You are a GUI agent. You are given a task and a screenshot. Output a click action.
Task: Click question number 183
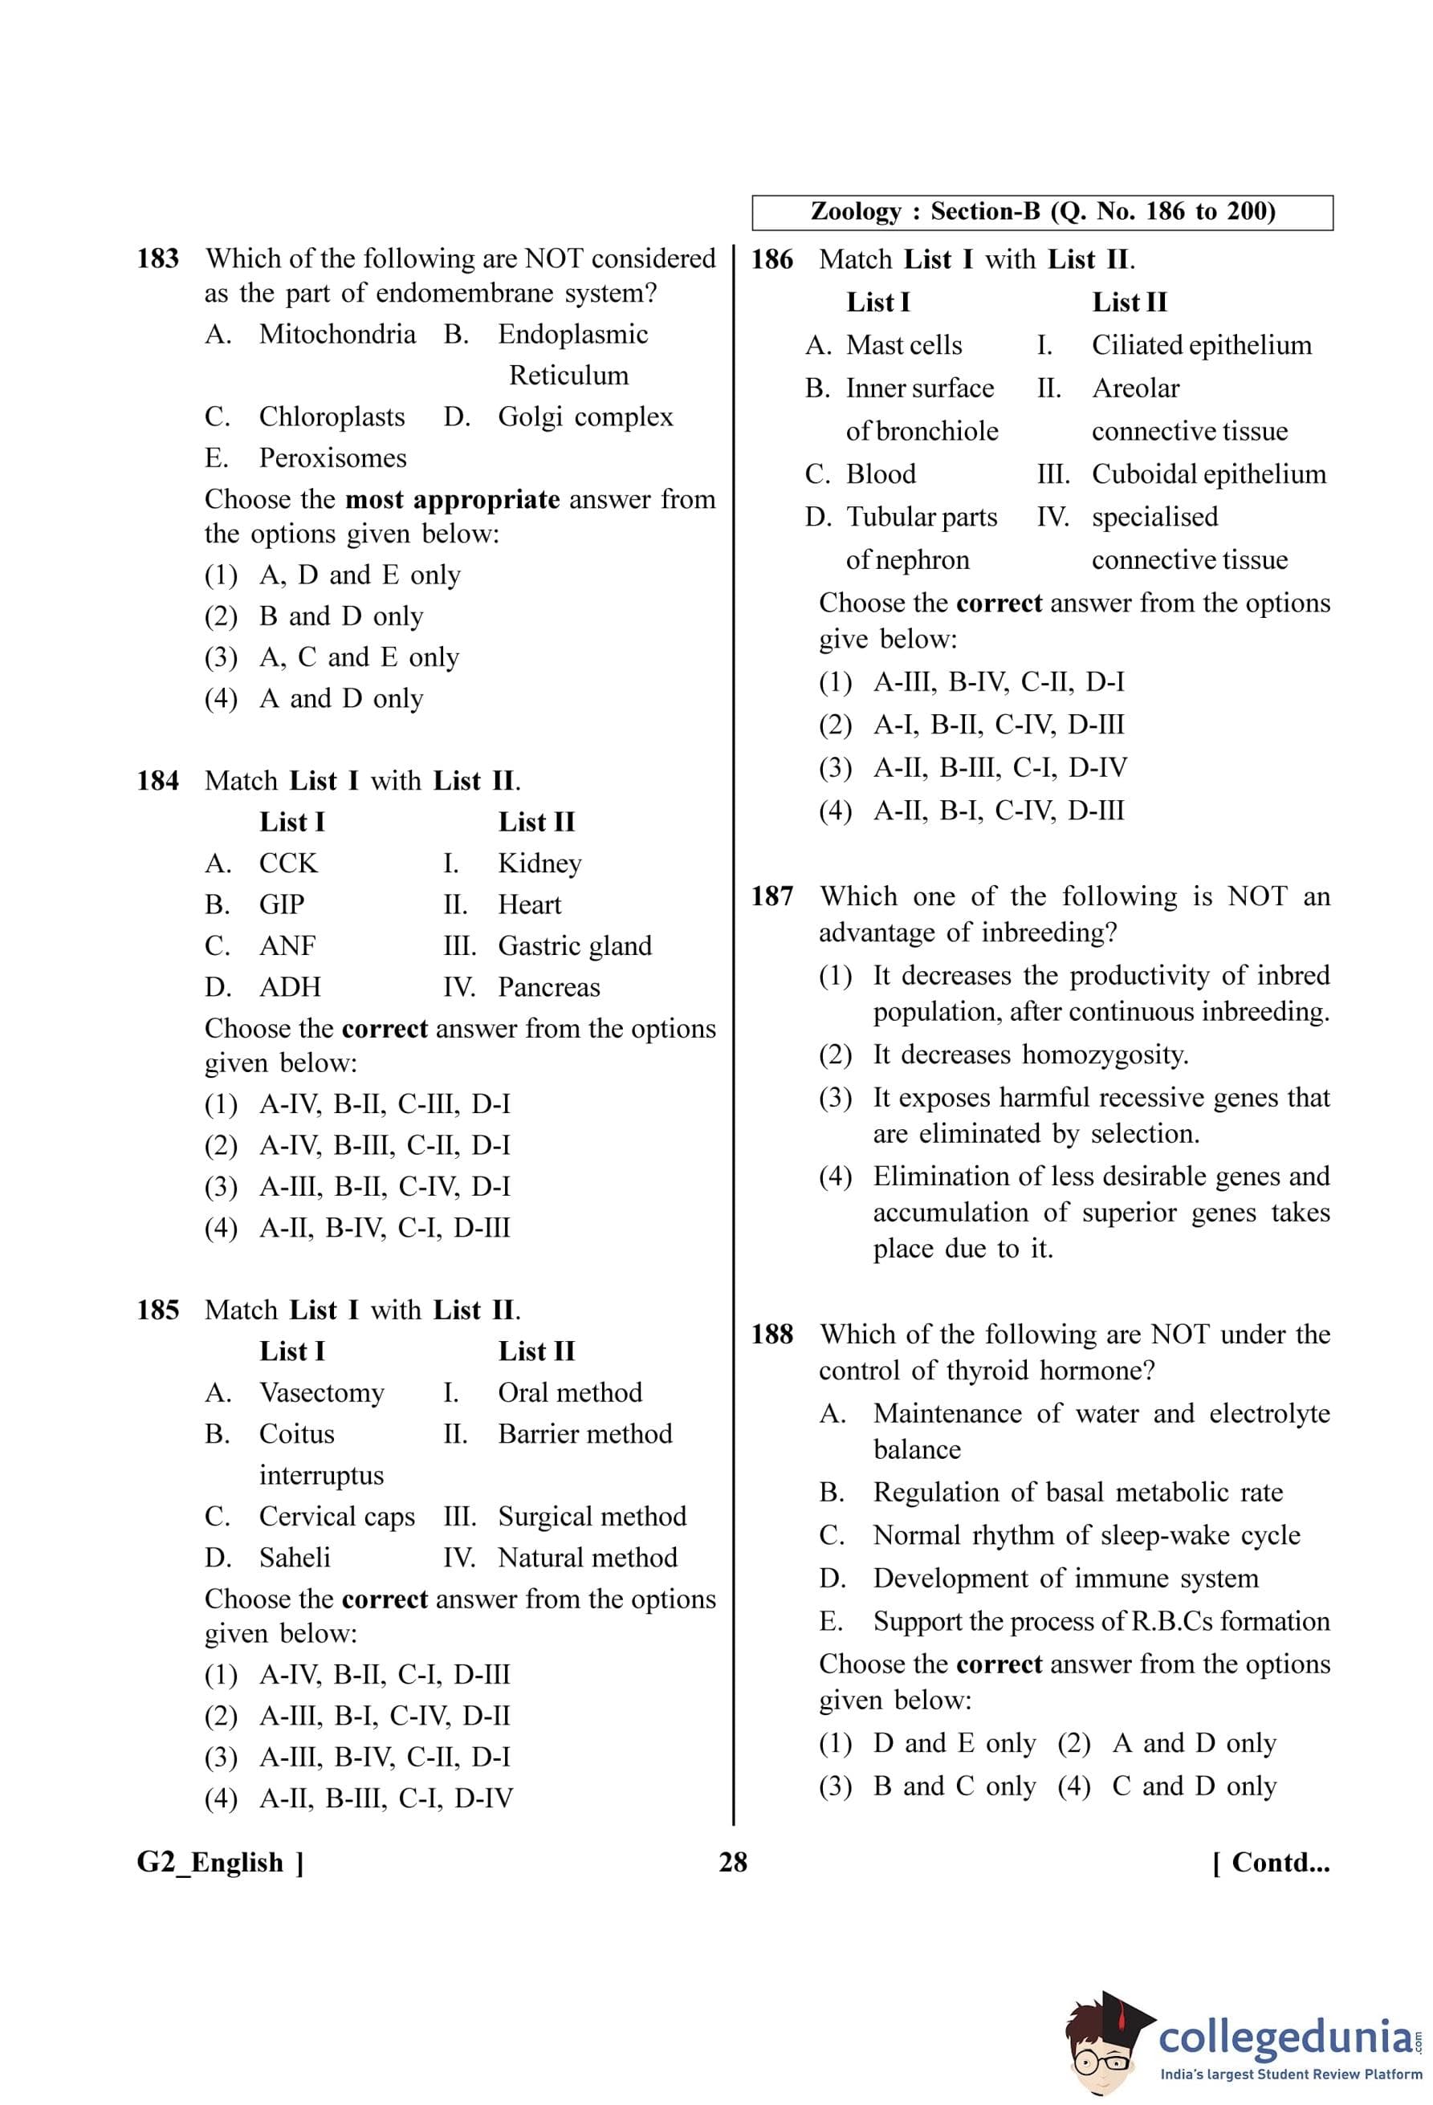click(x=157, y=259)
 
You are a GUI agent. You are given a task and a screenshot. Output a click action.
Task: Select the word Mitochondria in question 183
click(x=337, y=334)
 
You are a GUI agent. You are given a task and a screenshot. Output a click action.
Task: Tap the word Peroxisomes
click(x=332, y=458)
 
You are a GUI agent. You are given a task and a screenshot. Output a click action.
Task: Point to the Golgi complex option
click(x=585, y=417)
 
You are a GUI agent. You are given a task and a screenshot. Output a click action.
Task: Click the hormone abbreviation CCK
click(x=288, y=864)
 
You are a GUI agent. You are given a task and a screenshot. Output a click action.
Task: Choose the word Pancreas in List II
click(x=549, y=987)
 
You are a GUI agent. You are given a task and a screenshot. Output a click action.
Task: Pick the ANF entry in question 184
click(x=287, y=945)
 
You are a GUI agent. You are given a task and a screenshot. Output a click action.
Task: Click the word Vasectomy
click(x=322, y=1392)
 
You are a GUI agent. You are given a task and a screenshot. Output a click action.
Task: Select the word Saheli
click(x=295, y=1557)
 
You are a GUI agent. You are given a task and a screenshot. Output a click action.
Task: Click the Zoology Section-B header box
click(x=1042, y=212)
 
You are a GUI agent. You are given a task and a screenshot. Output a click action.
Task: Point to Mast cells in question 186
click(x=904, y=345)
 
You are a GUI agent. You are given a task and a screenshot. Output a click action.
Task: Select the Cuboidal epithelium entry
click(x=1208, y=473)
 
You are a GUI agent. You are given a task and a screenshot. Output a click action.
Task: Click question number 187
click(x=771, y=896)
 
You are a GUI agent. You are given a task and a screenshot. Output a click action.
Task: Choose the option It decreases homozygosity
click(x=1030, y=1055)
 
